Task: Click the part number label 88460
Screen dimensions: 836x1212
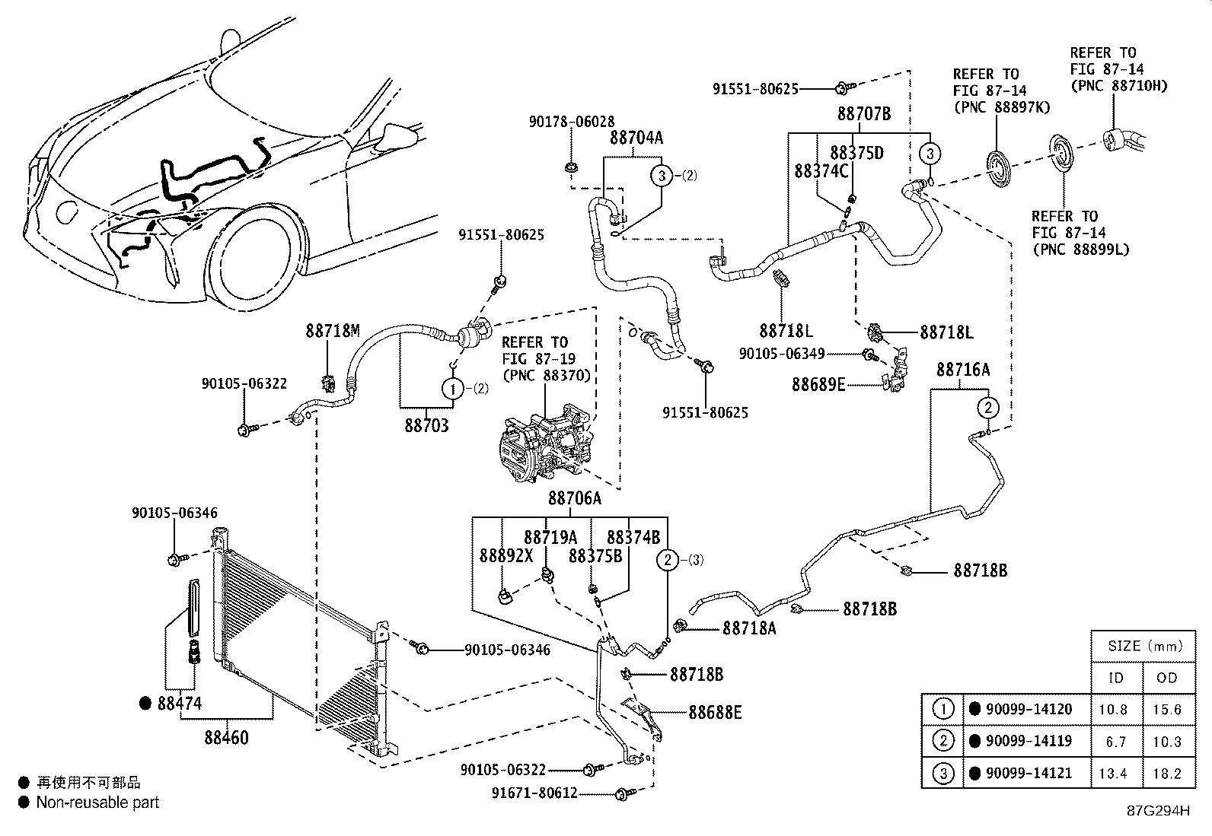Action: [x=226, y=737]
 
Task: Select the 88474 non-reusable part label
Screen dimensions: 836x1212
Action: [x=180, y=704]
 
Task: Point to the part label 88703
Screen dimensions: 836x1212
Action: [x=426, y=425]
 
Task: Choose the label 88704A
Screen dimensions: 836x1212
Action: [x=636, y=138]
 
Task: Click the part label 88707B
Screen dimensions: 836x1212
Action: [x=864, y=114]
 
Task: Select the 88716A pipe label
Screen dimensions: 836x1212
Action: [x=963, y=370]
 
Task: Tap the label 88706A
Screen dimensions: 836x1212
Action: [x=575, y=498]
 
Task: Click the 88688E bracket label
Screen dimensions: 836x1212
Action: [x=715, y=712]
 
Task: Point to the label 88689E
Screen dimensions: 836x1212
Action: [x=818, y=385]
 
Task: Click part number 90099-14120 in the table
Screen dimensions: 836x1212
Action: [x=1029, y=709]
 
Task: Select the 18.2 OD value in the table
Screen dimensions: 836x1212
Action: [x=1167, y=773]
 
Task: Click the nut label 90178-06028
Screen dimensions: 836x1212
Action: [x=572, y=122]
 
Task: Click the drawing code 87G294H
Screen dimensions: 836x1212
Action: [x=1157, y=810]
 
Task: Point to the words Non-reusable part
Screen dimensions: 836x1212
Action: [x=97, y=802]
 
